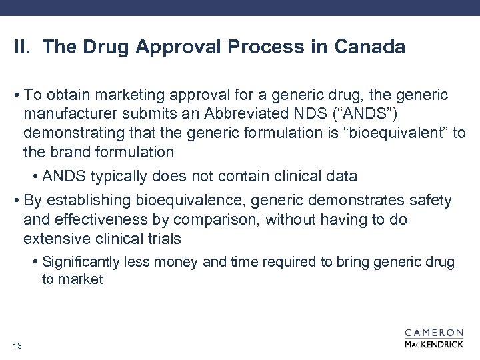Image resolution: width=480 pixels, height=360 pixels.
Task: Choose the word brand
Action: tap(73, 152)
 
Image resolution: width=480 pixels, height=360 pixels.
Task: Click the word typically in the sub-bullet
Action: tap(115, 177)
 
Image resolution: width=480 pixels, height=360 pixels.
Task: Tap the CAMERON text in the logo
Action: tap(434, 332)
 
